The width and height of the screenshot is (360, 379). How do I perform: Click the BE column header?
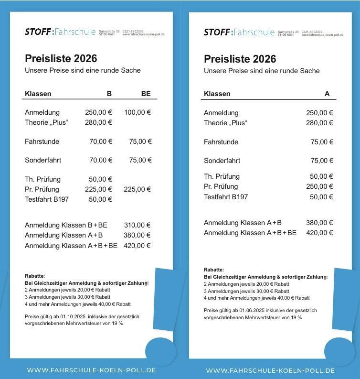pos(146,94)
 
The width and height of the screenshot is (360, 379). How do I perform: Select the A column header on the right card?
pos(327,94)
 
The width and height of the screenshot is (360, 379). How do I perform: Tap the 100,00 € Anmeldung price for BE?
pos(138,113)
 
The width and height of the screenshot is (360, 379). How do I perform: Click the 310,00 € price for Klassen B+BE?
pos(138,225)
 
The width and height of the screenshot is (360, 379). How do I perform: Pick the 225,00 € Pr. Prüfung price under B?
pos(98,189)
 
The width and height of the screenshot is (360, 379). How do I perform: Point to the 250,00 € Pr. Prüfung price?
pos(319,186)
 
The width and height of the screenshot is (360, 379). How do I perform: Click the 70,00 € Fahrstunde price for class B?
pos(101,141)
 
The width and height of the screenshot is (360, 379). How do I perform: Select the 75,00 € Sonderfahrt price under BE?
pos(140,160)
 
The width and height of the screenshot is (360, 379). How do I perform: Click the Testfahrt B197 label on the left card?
pos(47,199)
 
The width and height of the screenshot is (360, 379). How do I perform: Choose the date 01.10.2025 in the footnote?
pos(73,316)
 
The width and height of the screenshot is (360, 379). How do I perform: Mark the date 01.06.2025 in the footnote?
pos(253,310)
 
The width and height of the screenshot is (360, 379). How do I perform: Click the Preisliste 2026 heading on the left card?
pos(61,59)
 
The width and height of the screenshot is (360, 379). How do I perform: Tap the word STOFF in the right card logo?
pos(217,32)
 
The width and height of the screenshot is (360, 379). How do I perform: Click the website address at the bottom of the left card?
pos(91,370)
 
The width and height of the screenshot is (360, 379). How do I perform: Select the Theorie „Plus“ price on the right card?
pos(319,123)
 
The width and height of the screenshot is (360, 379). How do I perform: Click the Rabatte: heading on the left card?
pos(34,276)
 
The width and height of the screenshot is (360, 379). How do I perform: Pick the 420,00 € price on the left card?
pos(138,246)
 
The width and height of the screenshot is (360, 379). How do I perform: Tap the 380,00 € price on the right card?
pos(319,223)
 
